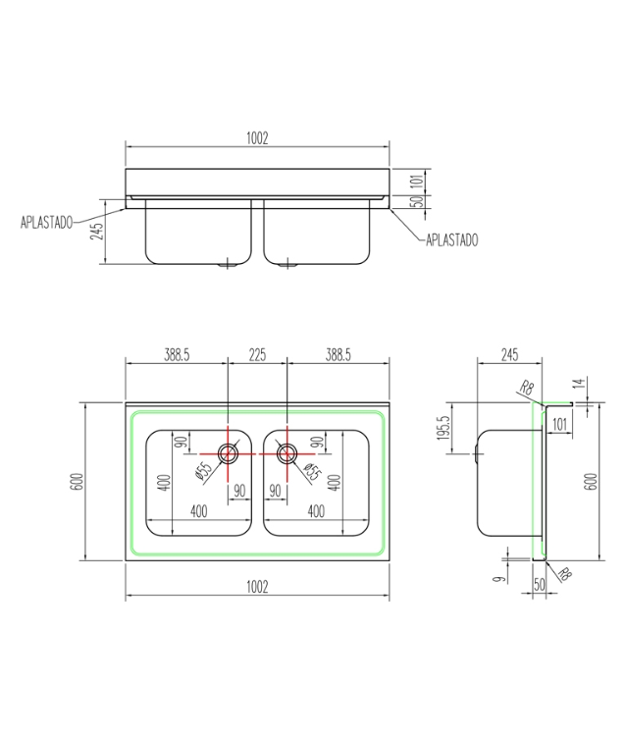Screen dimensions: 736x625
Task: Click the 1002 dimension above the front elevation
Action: click(x=257, y=140)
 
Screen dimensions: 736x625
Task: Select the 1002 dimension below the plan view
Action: click(x=257, y=587)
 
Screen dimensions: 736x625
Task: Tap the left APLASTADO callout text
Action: click(x=46, y=223)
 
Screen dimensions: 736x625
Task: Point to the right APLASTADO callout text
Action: click(x=451, y=239)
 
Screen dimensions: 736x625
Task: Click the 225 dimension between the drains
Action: click(x=257, y=356)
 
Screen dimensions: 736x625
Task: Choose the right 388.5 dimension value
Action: click(x=338, y=356)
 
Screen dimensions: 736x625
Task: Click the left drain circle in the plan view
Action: click(x=228, y=453)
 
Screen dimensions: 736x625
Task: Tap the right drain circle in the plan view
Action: click(x=286, y=453)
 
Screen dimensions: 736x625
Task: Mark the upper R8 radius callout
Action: click(x=528, y=389)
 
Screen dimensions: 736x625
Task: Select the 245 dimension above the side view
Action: click(x=509, y=356)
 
